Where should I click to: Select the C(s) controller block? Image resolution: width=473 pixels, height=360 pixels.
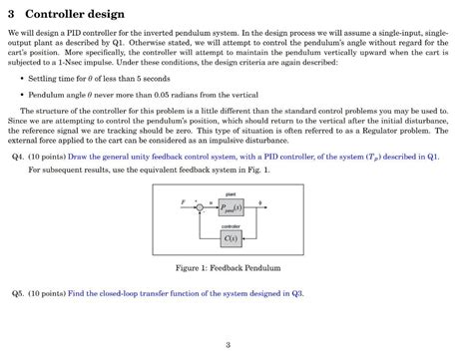(x=230, y=238)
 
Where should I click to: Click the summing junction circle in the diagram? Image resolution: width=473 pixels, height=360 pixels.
(x=199, y=207)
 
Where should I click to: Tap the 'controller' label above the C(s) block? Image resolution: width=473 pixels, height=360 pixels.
(x=230, y=226)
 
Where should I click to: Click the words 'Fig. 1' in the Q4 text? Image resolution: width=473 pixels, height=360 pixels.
(x=256, y=171)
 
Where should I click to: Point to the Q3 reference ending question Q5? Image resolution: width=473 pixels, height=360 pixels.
(x=295, y=293)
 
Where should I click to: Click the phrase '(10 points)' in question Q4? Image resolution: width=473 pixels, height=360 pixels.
(x=46, y=158)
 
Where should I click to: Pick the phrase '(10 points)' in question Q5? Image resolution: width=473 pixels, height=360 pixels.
(x=46, y=293)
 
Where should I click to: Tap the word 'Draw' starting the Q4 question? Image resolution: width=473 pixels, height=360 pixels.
(x=80, y=158)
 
